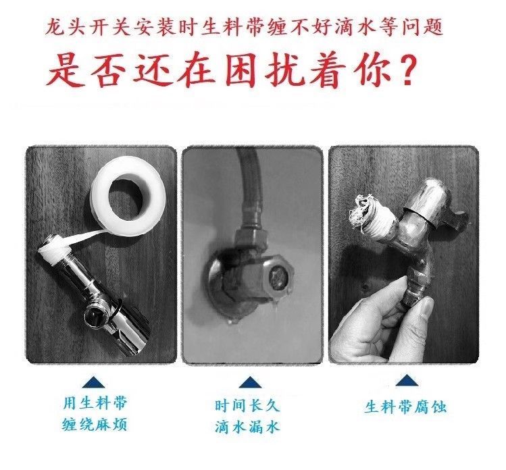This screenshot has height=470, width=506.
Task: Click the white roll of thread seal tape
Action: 129,195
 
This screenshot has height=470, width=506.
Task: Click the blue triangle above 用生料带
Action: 94,382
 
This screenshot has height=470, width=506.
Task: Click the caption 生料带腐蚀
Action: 405,407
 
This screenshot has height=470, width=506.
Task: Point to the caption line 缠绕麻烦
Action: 95,425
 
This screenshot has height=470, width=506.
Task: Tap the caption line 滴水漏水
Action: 247,427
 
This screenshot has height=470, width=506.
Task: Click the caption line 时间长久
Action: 247,405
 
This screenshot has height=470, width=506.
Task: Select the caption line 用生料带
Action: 95,403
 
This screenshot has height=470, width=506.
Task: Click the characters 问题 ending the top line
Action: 422,27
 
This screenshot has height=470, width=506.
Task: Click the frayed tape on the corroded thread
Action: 360,211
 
